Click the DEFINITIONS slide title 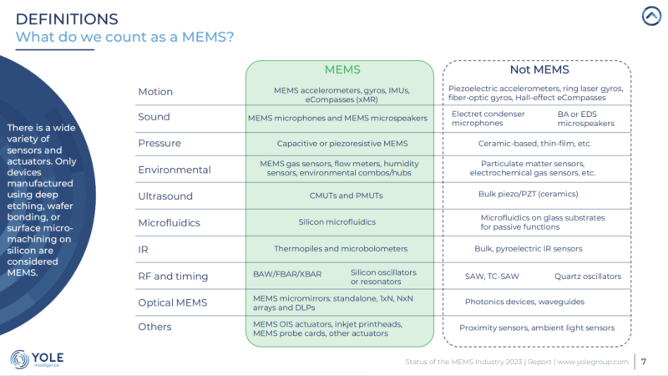pyautogui.click(x=67, y=18)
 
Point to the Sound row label pyautogui.click(x=154, y=117)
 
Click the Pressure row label pyautogui.click(x=159, y=143)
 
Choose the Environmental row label pyautogui.click(x=175, y=170)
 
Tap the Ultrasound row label pyautogui.click(x=165, y=196)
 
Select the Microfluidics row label pyautogui.click(x=170, y=223)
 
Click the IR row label pyautogui.click(x=143, y=248)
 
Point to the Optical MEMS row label pyautogui.click(x=172, y=302)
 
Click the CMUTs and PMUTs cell pyautogui.click(x=339, y=196)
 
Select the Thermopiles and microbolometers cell pyautogui.click(x=339, y=248)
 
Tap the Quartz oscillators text pyautogui.click(x=588, y=276)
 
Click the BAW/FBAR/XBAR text pyautogui.click(x=286, y=273)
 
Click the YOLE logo pyautogui.click(x=38, y=359)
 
